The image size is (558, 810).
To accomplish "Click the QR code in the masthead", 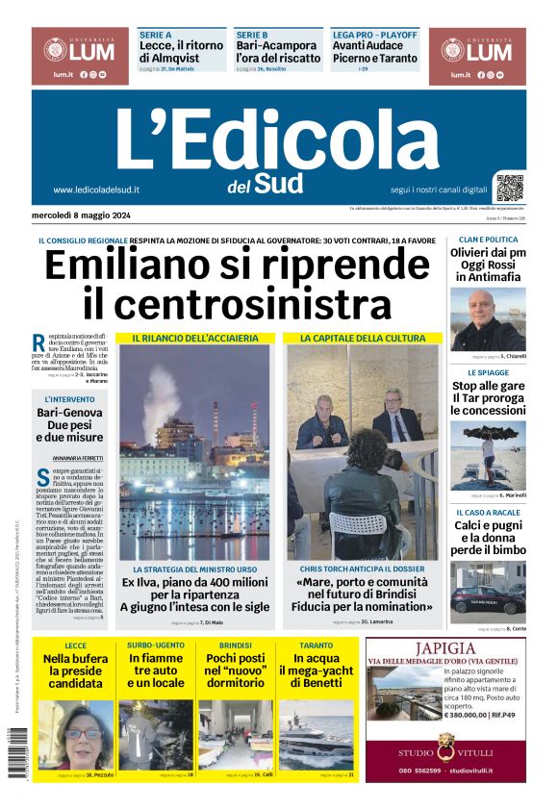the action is pyautogui.click(x=510, y=188).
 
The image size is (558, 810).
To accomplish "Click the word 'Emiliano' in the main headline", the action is pyautogui.click(x=144, y=266).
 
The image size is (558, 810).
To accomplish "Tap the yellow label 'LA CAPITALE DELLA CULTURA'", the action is pyautogui.click(x=362, y=339).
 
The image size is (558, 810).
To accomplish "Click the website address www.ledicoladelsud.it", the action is pyautogui.click(x=96, y=190).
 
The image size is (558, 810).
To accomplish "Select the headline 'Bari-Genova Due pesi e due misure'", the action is pyautogui.click(x=76, y=424).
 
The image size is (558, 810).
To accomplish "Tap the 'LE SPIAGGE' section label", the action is pyautogui.click(x=488, y=372).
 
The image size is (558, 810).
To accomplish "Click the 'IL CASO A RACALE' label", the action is pyautogui.click(x=488, y=513).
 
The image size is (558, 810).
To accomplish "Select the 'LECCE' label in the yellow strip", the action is pyautogui.click(x=75, y=645).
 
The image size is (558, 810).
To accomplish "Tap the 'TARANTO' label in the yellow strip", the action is pyautogui.click(x=316, y=645).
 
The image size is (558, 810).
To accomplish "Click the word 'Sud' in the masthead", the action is pyautogui.click(x=280, y=183).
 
